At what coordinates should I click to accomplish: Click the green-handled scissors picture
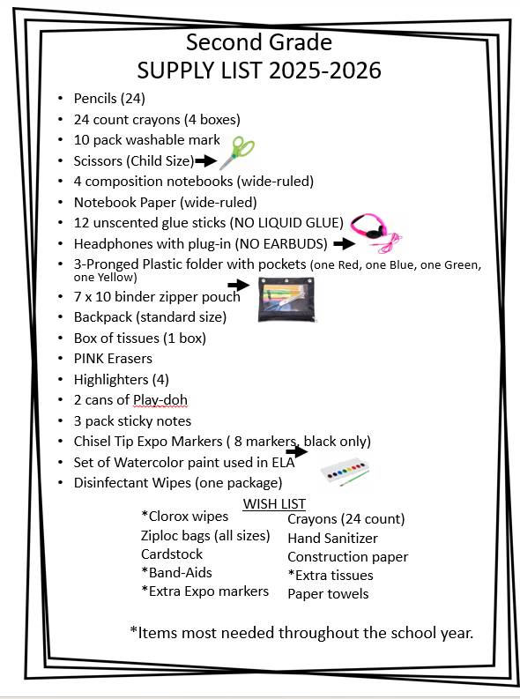click(235, 153)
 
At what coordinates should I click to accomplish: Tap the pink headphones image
click(375, 230)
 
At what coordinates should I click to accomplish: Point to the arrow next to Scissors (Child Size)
click(205, 160)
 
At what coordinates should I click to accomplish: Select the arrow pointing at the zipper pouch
click(238, 285)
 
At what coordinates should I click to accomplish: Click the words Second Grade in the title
click(258, 41)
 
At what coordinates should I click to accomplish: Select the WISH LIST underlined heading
click(273, 503)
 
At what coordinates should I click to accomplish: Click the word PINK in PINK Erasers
click(93, 358)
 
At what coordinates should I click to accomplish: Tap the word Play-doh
click(164, 399)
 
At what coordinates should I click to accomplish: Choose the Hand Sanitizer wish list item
click(332, 538)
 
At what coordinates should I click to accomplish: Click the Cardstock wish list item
click(172, 554)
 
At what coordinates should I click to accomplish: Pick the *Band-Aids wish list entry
click(176, 572)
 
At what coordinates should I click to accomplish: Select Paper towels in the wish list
click(328, 593)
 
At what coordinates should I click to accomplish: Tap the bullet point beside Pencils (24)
click(59, 98)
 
